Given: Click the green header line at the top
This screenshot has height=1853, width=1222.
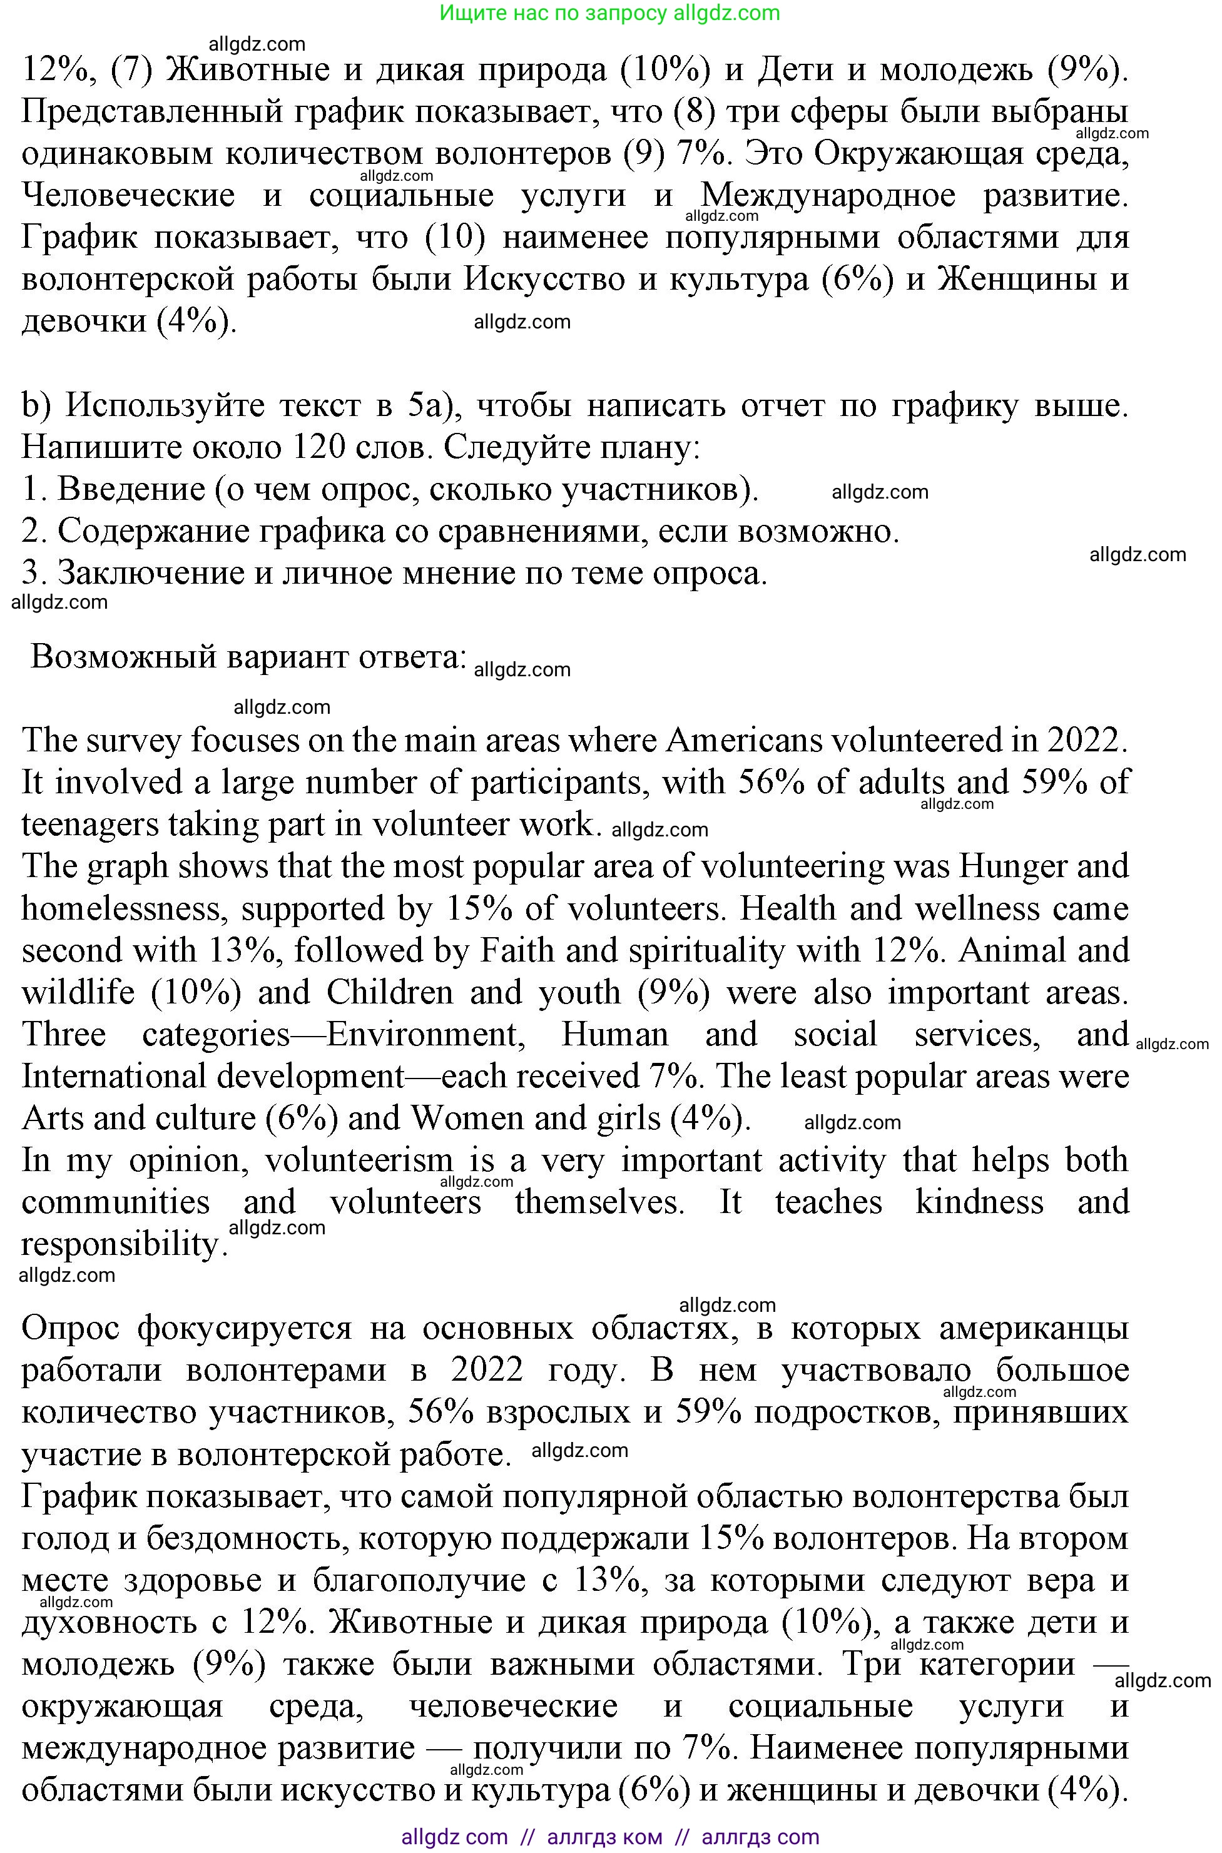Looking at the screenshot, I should pyautogui.click(x=609, y=13).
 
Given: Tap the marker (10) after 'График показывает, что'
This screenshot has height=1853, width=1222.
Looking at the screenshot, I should pyautogui.click(x=456, y=238).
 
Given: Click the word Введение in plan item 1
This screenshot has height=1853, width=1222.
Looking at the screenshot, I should pyautogui.click(x=131, y=489).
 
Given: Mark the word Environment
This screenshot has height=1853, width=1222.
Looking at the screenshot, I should pyautogui.click(x=421, y=1035).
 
